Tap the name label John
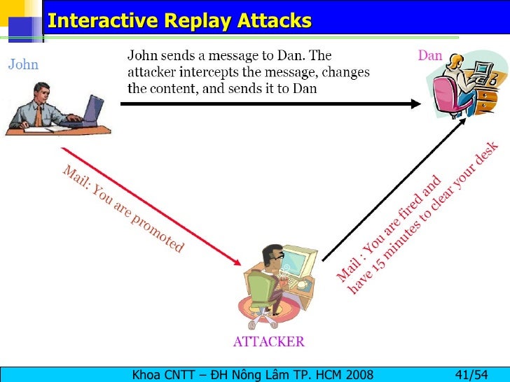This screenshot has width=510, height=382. click(x=23, y=65)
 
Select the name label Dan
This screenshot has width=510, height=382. click(x=429, y=55)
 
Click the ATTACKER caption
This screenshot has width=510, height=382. click(x=268, y=342)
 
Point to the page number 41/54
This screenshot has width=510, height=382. click(x=471, y=374)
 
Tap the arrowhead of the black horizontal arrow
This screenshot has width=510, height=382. click(x=414, y=104)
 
